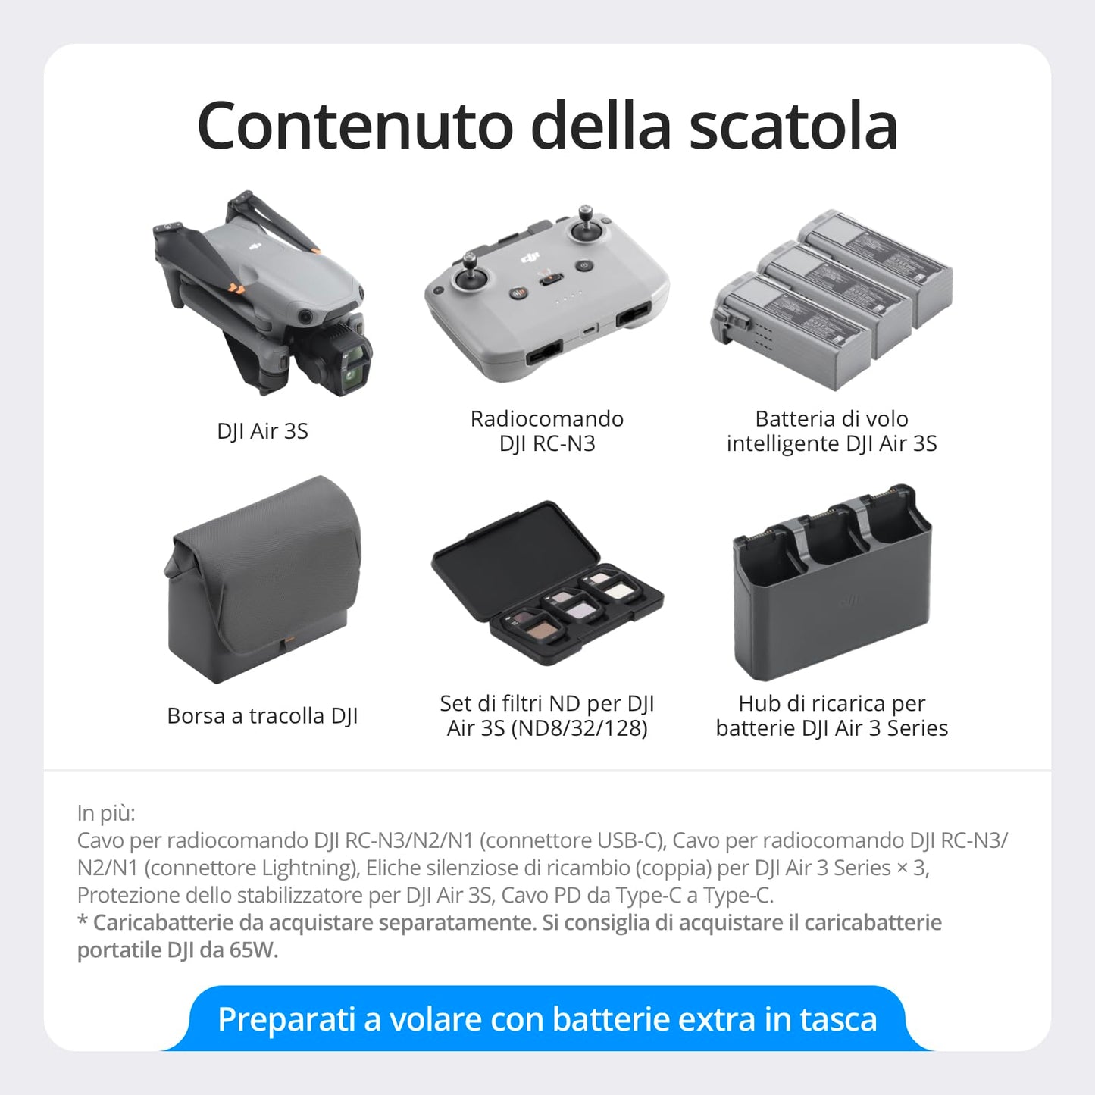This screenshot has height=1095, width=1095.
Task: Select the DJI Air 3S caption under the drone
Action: point(262,431)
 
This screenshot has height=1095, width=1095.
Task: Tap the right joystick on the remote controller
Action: point(586,227)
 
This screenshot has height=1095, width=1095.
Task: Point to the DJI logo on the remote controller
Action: point(530,258)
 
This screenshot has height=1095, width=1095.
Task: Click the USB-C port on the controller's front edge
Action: point(588,330)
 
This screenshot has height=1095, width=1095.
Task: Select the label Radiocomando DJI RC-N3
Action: point(546,430)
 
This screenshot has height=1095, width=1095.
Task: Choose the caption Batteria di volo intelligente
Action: point(831,430)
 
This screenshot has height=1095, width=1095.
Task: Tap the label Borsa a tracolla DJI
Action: point(262,716)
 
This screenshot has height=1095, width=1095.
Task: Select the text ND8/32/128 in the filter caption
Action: point(580,728)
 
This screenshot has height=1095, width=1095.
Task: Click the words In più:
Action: point(106,813)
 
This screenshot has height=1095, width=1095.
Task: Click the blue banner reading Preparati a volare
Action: point(546,1019)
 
